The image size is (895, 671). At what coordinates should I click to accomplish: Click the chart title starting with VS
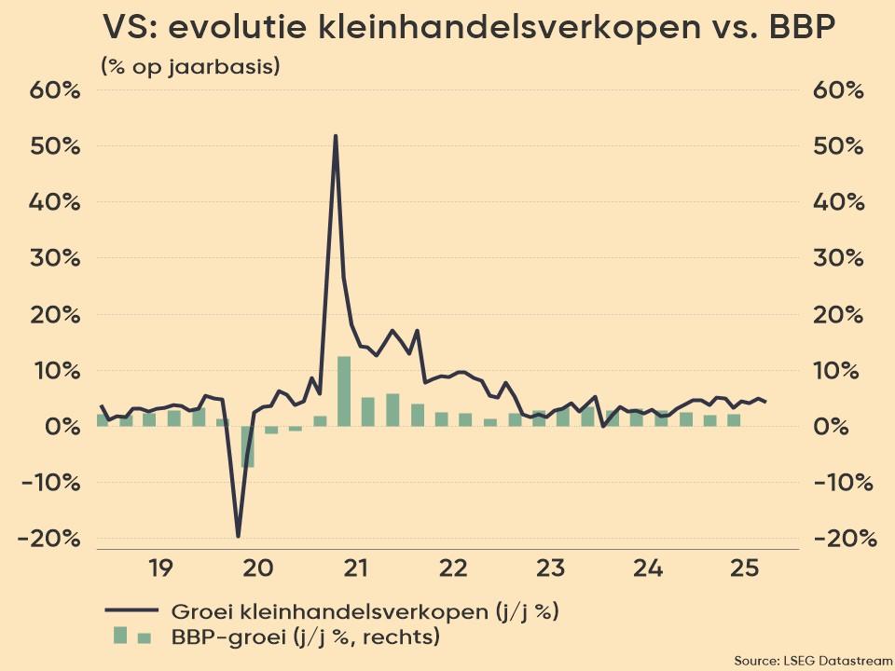click(467, 30)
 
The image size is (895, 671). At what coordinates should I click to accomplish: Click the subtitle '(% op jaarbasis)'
click(189, 67)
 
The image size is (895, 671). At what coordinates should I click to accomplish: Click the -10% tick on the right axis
click(845, 483)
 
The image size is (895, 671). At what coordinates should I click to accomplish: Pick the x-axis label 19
click(159, 567)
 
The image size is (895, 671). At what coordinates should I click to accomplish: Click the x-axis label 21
click(354, 567)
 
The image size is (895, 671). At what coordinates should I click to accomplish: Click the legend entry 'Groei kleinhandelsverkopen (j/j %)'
click(365, 611)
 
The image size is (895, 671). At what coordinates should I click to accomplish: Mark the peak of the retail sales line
click(335, 136)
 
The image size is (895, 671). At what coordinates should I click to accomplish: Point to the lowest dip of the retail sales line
click(238, 536)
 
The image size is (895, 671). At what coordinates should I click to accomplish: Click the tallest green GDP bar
click(343, 391)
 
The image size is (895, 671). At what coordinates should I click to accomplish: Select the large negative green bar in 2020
click(247, 446)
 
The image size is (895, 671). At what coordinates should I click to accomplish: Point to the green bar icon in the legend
click(131, 637)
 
